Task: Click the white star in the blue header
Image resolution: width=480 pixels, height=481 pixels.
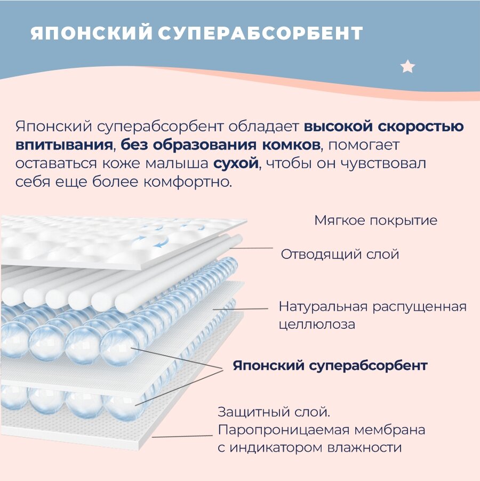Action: (x=407, y=67)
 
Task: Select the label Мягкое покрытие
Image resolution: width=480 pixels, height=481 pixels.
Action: (x=375, y=220)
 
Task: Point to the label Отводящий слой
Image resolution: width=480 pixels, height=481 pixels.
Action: (x=340, y=254)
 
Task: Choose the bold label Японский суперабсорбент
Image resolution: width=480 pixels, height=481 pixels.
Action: (x=330, y=366)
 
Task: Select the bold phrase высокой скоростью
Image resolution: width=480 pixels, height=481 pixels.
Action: (x=383, y=127)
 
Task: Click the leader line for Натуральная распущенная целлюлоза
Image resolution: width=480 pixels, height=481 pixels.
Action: (x=240, y=309)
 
